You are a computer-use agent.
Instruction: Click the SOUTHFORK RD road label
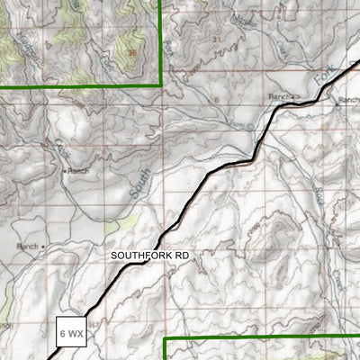click(x=150, y=256)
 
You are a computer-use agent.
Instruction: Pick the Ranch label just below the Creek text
click(x=78, y=169)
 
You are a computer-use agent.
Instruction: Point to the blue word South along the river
click(x=137, y=184)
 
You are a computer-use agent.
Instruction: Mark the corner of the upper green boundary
click(x=160, y=85)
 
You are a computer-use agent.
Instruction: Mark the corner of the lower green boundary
click(x=165, y=339)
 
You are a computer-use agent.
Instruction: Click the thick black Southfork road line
click(x=180, y=216)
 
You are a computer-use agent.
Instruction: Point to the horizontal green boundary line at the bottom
click(x=261, y=338)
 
